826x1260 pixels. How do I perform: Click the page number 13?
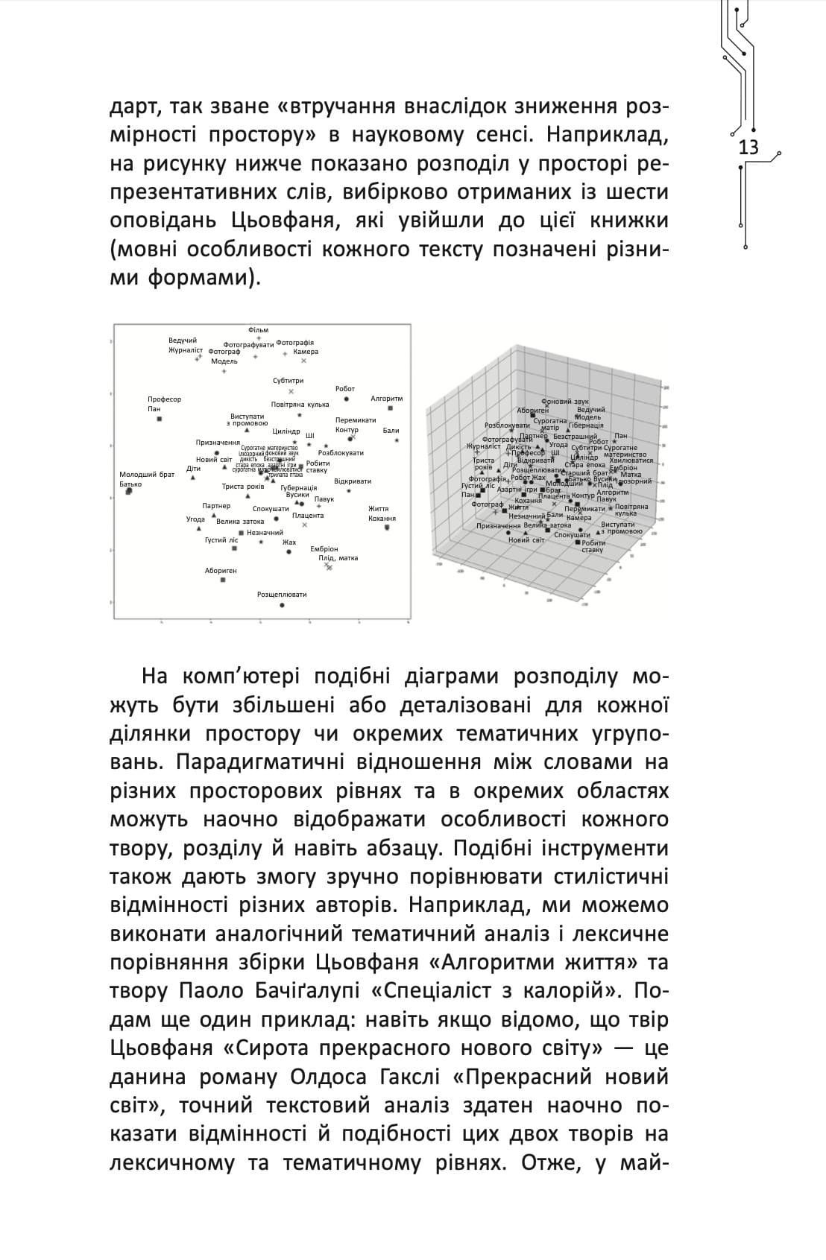pos(748,148)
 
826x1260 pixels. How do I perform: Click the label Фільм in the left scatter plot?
pos(258,329)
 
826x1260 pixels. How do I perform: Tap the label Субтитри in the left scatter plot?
pos(288,381)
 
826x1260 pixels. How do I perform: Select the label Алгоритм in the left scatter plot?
pos(386,399)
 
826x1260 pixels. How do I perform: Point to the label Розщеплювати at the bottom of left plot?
pos(282,595)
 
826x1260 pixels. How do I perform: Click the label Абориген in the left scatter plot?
pos(221,571)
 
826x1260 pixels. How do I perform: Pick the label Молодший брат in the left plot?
pos(146,475)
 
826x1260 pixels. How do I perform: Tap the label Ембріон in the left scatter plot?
pos(324,549)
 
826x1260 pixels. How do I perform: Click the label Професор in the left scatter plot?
pos(164,399)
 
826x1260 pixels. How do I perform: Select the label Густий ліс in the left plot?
pos(221,539)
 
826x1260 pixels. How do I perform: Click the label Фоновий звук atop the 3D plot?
pos(564,402)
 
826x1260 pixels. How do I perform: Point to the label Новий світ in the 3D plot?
pos(526,539)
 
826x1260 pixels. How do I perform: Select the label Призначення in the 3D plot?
pos(499,526)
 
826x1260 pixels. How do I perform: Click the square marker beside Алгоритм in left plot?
pos(390,408)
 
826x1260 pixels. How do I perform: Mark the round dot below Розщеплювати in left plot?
pos(281,606)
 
